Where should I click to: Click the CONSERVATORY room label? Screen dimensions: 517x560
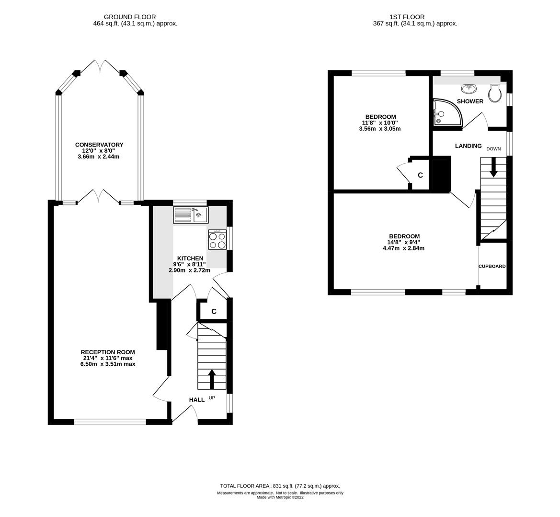pyautogui.click(x=99, y=145)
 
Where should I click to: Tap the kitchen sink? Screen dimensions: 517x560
pyautogui.click(x=191, y=215)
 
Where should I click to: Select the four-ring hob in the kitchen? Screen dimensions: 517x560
pyautogui.click(x=217, y=239)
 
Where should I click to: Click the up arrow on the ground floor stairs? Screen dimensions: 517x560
pyautogui.click(x=211, y=379)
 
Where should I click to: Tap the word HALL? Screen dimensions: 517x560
pyautogui.click(x=196, y=400)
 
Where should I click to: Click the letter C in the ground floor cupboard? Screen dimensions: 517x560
pyautogui.click(x=214, y=312)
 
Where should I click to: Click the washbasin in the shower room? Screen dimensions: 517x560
pyautogui.click(x=469, y=89)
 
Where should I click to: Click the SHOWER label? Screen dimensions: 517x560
pyautogui.click(x=470, y=101)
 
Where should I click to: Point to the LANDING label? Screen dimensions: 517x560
pyautogui.click(x=468, y=146)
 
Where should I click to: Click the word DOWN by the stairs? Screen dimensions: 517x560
pyautogui.click(x=493, y=149)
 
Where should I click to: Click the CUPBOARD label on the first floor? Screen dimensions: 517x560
pyautogui.click(x=492, y=266)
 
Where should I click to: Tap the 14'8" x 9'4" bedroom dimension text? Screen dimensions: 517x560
pyautogui.click(x=404, y=242)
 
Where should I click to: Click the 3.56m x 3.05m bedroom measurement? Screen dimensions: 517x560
pyautogui.click(x=380, y=129)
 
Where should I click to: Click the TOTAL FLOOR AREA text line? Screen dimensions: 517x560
pyautogui.click(x=280, y=486)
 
